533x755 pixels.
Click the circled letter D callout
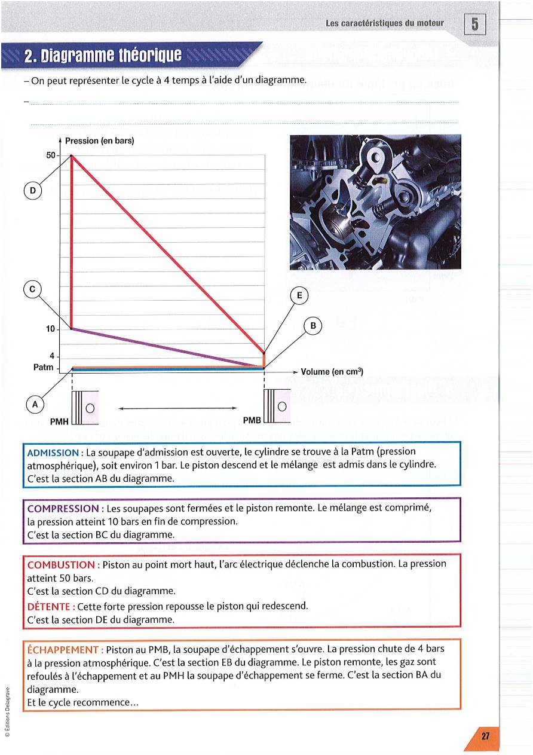(x=33, y=191)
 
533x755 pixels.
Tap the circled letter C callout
(x=33, y=289)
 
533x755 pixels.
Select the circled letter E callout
(x=299, y=295)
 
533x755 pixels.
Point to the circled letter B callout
(x=313, y=326)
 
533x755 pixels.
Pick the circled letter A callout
(x=35, y=404)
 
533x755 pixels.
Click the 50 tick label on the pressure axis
(x=51, y=155)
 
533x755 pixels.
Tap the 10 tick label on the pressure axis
(x=50, y=329)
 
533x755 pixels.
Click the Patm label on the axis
(x=44, y=368)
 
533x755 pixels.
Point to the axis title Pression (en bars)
(x=99, y=141)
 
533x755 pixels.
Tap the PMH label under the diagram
(x=59, y=421)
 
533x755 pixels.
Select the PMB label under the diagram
(x=252, y=420)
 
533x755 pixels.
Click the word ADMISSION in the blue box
(x=53, y=453)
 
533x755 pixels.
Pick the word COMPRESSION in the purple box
(x=63, y=508)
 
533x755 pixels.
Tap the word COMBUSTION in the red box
(x=61, y=564)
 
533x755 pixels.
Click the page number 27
(x=485, y=736)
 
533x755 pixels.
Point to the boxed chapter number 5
(x=474, y=25)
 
